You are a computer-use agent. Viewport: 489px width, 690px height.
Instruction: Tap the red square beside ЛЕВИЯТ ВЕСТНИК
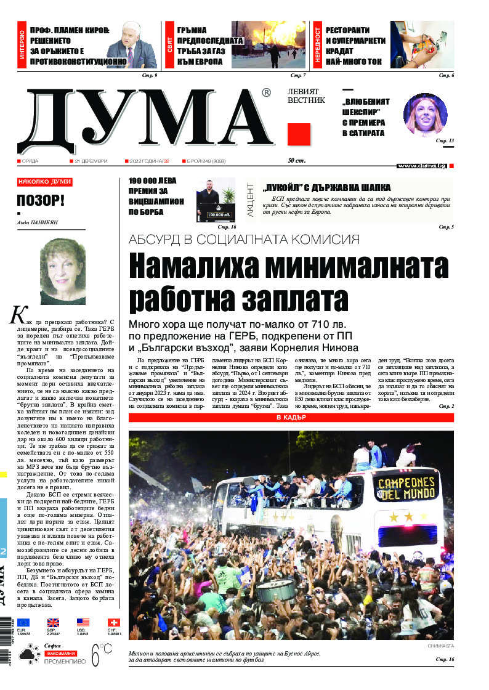299,134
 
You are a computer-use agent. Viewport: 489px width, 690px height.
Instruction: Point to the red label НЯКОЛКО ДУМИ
44,182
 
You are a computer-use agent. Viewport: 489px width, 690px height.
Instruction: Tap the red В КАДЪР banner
291,418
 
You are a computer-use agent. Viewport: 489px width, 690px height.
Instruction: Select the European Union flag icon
23,622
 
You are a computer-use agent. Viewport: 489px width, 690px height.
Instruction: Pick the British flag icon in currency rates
54,622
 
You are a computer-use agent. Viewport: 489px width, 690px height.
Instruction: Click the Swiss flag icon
114,622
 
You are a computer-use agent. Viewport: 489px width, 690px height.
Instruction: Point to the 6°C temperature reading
102,654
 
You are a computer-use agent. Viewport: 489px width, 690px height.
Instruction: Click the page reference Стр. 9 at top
150,75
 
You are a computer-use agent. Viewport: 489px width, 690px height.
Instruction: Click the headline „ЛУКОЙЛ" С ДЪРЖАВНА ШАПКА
326,188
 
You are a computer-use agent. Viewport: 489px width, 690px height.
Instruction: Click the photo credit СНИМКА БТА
440,646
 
